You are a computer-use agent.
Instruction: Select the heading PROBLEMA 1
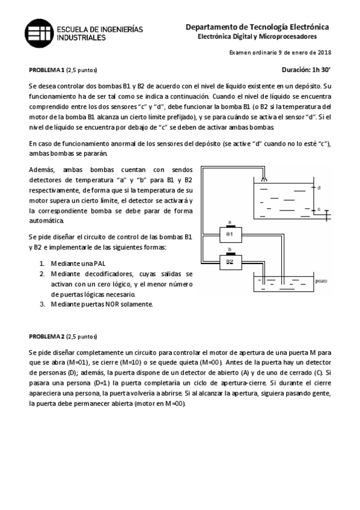click(x=46, y=70)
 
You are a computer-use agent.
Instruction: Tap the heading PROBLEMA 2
click(x=46, y=336)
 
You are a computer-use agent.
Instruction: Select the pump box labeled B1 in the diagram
click(x=229, y=233)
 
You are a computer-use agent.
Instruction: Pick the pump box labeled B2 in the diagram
click(x=229, y=262)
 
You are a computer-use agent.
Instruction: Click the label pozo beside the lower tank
click(x=320, y=280)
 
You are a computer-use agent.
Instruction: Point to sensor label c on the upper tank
click(x=319, y=209)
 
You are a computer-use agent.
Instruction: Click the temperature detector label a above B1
click(x=229, y=222)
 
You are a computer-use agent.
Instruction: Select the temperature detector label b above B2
click(x=229, y=250)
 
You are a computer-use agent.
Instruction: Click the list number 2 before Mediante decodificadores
click(x=42, y=274)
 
